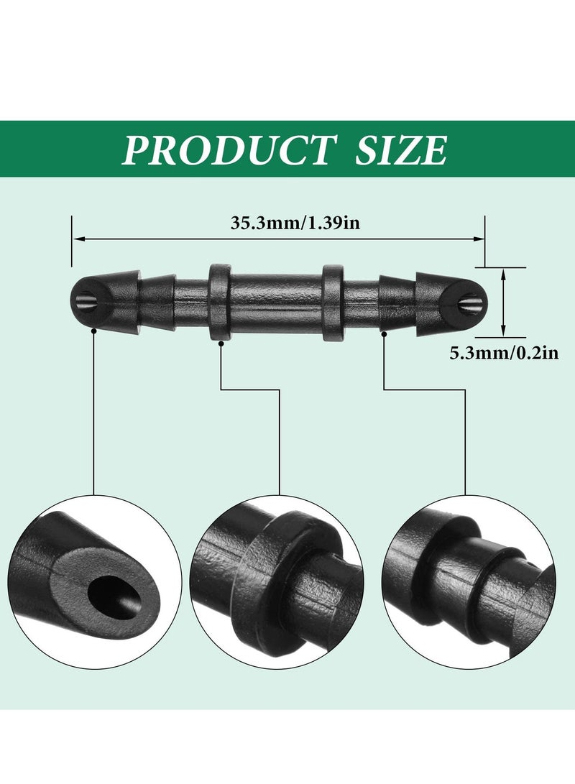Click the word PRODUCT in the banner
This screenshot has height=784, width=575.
click(x=228, y=149)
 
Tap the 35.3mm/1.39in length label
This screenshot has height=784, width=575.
click(x=295, y=223)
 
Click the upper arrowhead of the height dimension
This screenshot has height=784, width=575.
click(x=502, y=272)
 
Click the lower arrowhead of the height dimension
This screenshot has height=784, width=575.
click(x=502, y=331)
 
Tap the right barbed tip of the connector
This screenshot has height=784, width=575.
click(x=456, y=300)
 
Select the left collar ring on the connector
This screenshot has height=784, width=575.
click(x=219, y=302)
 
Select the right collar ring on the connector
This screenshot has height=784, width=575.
click(x=333, y=302)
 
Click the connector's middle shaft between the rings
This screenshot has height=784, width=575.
click(x=276, y=302)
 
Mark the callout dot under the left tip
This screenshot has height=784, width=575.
click(x=94, y=331)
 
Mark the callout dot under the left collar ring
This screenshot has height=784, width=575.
click(x=221, y=343)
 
